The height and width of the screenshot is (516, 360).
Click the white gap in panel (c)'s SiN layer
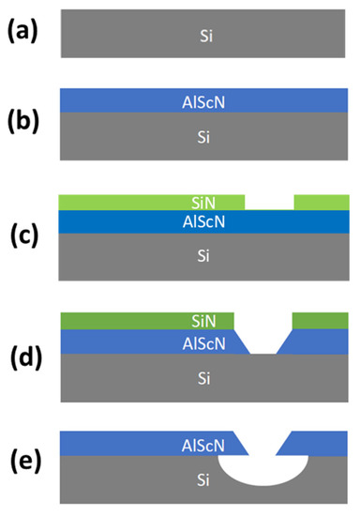click(269, 202)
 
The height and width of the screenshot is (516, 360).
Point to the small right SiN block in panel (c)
click(321, 202)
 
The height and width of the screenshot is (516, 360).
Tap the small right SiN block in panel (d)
click(321, 321)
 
